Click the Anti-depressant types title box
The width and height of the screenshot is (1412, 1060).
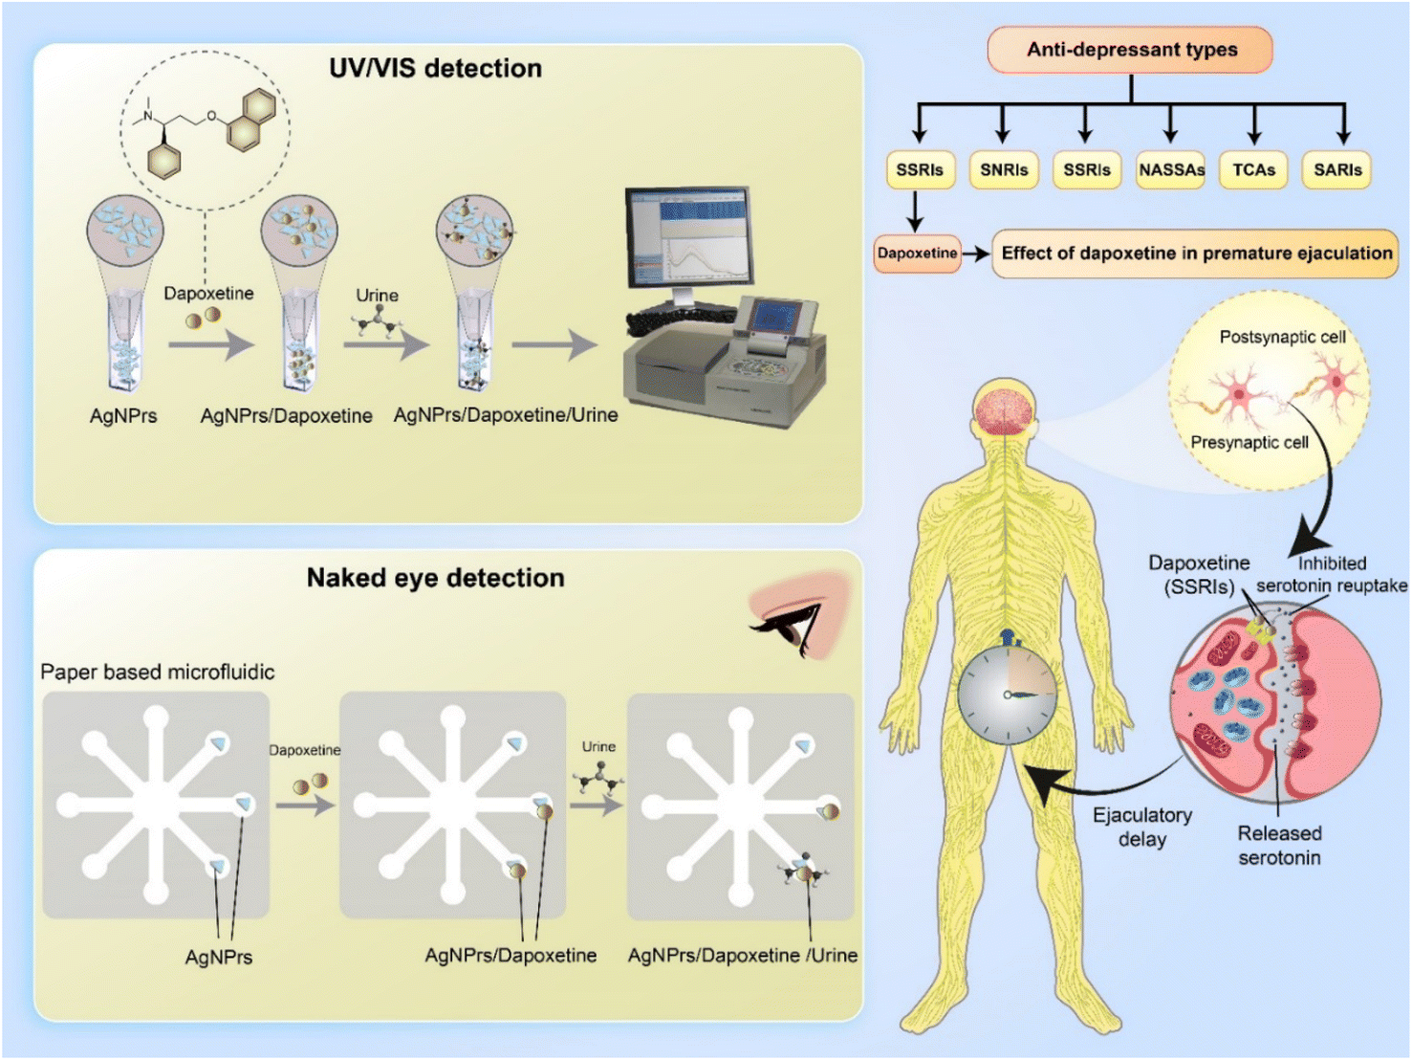click(x=1130, y=50)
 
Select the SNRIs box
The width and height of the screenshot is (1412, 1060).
click(x=1003, y=169)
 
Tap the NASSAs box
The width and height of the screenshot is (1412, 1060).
click(x=1170, y=169)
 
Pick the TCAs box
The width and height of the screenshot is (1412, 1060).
click(x=1253, y=169)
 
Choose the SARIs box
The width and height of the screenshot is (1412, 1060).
click(x=1336, y=169)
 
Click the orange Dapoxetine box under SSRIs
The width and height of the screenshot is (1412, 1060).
click(x=917, y=254)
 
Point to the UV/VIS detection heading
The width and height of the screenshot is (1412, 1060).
click(x=435, y=68)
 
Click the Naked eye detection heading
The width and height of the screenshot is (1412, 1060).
click(x=435, y=578)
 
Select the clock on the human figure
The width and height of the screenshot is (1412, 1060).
click(x=1007, y=694)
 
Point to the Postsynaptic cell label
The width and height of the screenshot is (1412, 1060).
click(x=1282, y=337)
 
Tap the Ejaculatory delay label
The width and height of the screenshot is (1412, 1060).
click(x=1142, y=827)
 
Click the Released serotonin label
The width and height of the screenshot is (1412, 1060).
click(x=1279, y=845)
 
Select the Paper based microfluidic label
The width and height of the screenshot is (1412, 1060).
click(x=157, y=672)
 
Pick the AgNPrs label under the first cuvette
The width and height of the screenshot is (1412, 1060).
click(x=123, y=416)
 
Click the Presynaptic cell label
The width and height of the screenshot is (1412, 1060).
click(x=1249, y=442)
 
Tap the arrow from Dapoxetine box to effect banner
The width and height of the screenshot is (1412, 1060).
click(x=975, y=254)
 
